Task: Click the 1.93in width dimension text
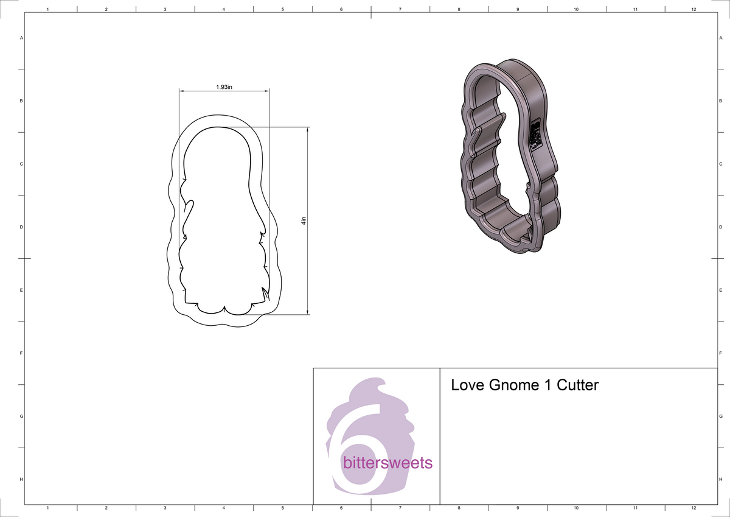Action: [x=224, y=87]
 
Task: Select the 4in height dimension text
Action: [x=302, y=221]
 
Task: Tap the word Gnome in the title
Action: [x=512, y=385]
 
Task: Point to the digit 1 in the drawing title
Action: [x=545, y=385]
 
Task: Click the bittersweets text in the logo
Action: [x=388, y=463]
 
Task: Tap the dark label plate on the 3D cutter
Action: [x=535, y=135]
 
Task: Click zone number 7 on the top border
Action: [x=400, y=10]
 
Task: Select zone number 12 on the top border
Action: [x=693, y=10]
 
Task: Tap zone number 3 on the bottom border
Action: [x=165, y=507]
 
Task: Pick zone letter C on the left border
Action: [x=21, y=164]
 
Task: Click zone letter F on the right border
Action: [x=720, y=353]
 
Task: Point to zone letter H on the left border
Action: [x=21, y=479]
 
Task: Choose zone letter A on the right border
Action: [x=720, y=38]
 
